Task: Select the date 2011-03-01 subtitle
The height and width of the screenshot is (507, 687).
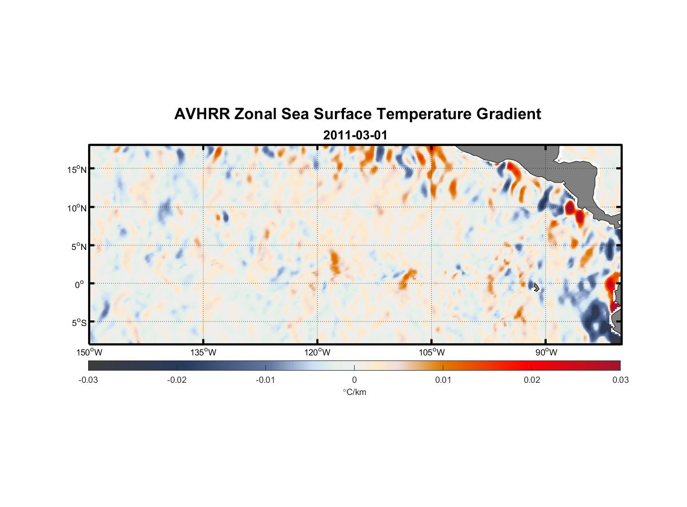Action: pyautogui.click(x=355, y=135)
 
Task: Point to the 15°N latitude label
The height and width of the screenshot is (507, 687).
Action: pyautogui.click(x=77, y=169)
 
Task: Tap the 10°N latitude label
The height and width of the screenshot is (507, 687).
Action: pyautogui.click(x=77, y=208)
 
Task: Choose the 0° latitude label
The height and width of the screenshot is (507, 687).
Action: pyautogui.click(x=80, y=284)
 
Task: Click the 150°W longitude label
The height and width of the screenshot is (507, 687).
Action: pyautogui.click(x=89, y=352)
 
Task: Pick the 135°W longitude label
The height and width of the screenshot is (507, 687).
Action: pyautogui.click(x=203, y=352)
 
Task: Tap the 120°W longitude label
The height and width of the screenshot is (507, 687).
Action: pyautogui.click(x=317, y=352)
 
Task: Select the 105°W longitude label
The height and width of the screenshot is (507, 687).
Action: pyautogui.click(x=432, y=352)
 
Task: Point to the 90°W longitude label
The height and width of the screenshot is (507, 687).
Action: pyautogui.click(x=546, y=352)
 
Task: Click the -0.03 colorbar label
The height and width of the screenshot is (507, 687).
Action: pyautogui.click(x=88, y=380)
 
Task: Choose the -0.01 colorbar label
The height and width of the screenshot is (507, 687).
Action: pyautogui.click(x=265, y=380)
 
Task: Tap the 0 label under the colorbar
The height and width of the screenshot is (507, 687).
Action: pyautogui.click(x=354, y=380)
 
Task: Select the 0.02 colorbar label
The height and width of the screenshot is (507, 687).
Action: pyautogui.click(x=532, y=380)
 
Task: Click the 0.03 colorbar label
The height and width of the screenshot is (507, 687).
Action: pyautogui.click(x=620, y=380)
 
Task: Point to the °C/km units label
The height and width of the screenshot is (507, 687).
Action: pyautogui.click(x=355, y=392)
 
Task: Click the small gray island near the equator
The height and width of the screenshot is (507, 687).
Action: pyautogui.click(x=537, y=287)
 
